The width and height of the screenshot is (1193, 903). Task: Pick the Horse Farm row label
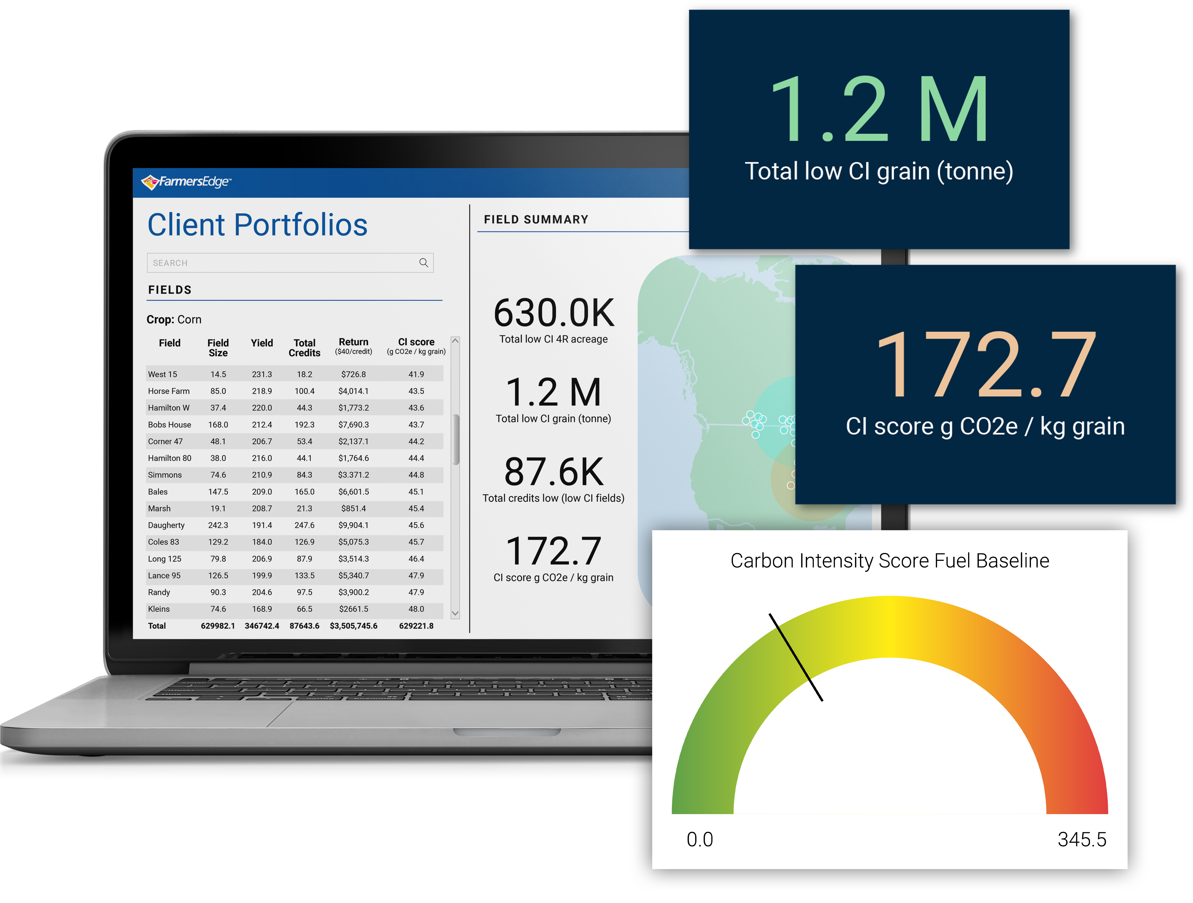coord(169,391)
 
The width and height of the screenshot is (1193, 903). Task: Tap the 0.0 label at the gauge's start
coord(700,839)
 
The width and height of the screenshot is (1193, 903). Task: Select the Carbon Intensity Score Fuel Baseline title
coord(889,561)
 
